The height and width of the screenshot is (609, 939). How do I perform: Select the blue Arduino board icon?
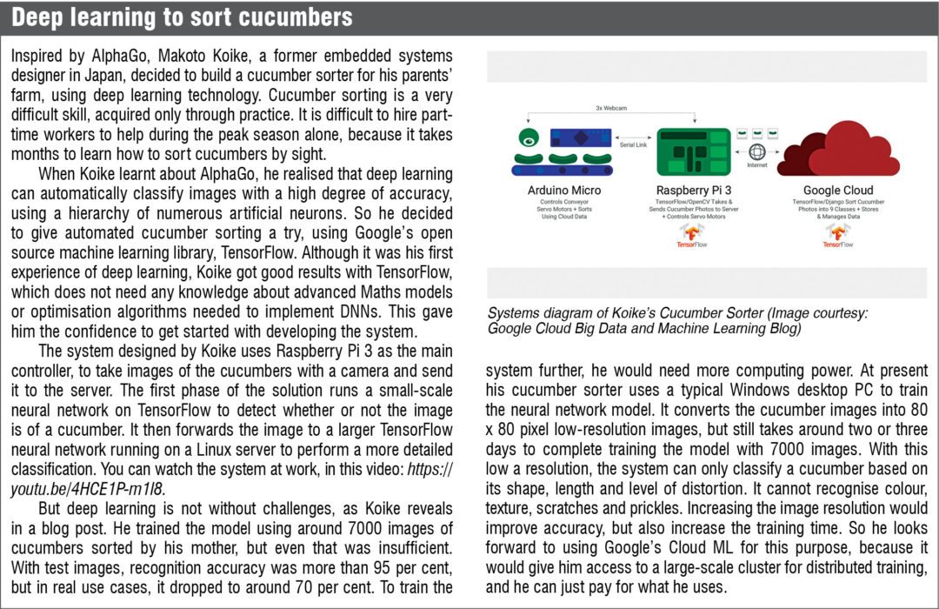(x=584, y=138)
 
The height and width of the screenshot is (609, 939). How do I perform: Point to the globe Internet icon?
(x=756, y=151)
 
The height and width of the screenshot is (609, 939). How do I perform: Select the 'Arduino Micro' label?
(x=563, y=190)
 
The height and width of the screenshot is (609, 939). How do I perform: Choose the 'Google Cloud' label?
(x=838, y=190)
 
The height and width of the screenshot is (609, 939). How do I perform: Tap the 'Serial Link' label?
(x=634, y=145)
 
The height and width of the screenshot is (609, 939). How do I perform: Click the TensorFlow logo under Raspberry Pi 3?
(x=692, y=237)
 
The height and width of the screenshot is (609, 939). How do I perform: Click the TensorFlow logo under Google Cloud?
(x=838, y=237)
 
